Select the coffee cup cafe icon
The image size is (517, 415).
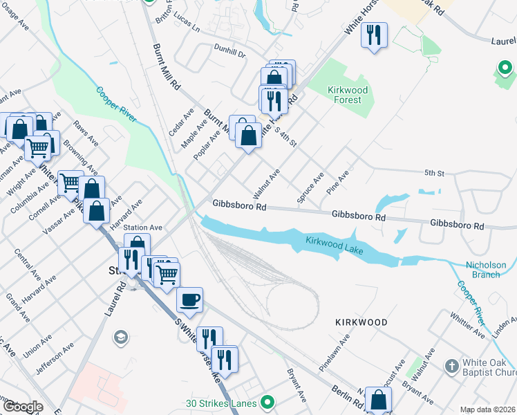(x=189, y=300)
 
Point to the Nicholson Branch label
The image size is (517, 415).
(x=485, y=269)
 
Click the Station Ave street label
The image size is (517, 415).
(x=142, y=227)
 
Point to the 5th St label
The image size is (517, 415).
(x=433, y=172)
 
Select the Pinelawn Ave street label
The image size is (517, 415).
(x=335, y=353)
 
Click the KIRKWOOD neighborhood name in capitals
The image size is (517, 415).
(x=361, y=322)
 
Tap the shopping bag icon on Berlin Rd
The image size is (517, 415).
(x=378, y=400)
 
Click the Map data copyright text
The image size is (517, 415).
(x=488, y=409)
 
